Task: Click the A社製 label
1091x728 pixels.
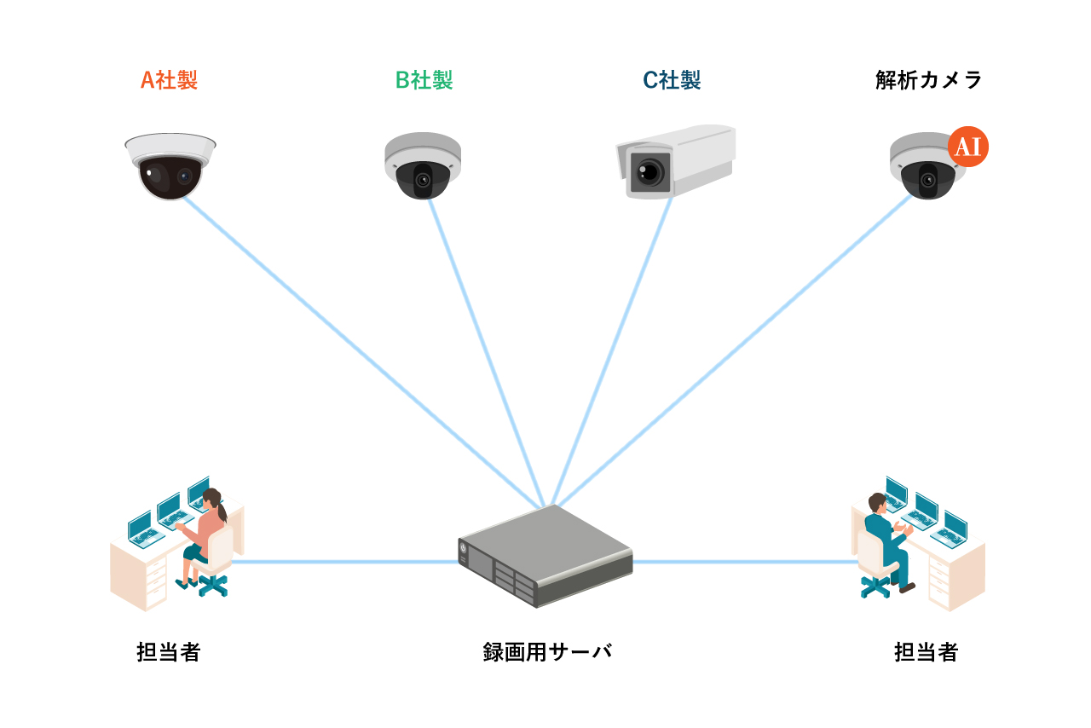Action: [x=169, y=80]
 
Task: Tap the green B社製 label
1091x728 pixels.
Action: [x=424, y=80]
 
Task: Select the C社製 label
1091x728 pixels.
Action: [x=672, y=80]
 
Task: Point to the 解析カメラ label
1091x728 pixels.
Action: [x=929, y=80]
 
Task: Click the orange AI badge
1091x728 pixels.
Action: [x=967, y=147]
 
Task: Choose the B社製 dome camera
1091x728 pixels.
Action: [x=421, y=168]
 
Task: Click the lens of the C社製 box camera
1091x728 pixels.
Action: [x=649, y=171]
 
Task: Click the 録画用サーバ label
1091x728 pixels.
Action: [x=547, y=652]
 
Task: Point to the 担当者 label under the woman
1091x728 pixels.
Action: [x=169, y=652]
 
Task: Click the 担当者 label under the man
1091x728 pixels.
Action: [x=926, y=652]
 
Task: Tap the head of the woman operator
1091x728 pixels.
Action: [x=212, y=499]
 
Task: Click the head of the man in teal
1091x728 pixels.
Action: [x=877, y=502]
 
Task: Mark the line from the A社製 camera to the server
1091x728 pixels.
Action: [x=358, y=350]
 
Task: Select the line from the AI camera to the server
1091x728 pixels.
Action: [x=733, y=350]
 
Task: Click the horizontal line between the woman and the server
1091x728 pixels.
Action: [x=341, y=562]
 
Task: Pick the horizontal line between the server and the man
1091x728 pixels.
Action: [x=742, y=562]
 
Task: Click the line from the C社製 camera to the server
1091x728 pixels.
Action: [x=611, y=350]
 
